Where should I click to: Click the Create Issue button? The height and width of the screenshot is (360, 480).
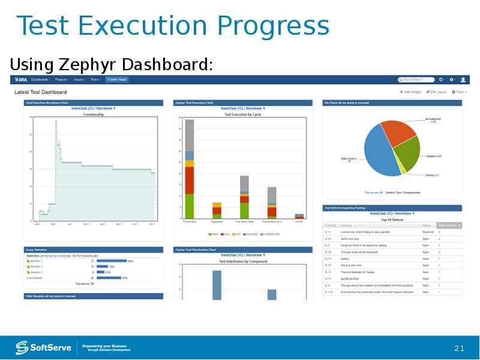coord(116,79)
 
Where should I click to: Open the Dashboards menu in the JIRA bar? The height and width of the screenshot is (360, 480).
coord(41,79)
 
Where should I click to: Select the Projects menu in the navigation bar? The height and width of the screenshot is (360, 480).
coord(62,79)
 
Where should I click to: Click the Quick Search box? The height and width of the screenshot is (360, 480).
coord(416,79)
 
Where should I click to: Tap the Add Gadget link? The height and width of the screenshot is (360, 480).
coord(411,92)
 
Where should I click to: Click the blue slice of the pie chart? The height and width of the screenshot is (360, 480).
coord(378,156)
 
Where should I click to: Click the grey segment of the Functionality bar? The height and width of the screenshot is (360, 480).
coord(190,134)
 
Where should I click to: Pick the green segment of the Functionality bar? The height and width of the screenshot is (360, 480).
coord(190,206)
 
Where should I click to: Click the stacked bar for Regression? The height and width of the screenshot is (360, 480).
coord(217,211)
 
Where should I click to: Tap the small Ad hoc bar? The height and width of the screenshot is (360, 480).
coord(299,215)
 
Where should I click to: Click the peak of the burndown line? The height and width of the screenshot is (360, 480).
coord(56,121)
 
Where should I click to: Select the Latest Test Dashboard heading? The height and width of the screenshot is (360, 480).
coord(41,92)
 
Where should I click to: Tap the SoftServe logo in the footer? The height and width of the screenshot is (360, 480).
coord(43,347)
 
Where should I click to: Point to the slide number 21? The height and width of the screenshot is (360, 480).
coord(460,349)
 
